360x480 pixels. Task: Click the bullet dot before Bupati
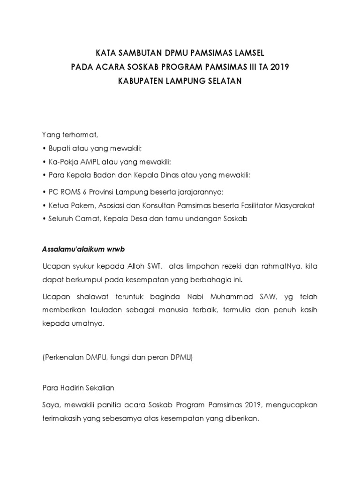pyautogui.click(x=44, y=149)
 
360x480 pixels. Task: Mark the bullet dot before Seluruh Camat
pyautogui.click(x=44, y=219)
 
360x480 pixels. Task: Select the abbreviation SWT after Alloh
pyautogui.click(x=153, y=267)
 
